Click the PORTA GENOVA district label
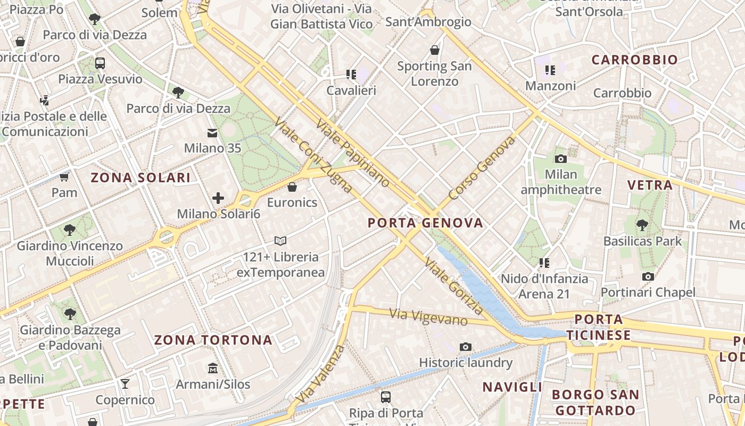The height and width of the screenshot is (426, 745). [426, 223]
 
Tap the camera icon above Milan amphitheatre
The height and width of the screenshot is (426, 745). [560, 159]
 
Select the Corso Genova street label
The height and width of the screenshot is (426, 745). [482, 168]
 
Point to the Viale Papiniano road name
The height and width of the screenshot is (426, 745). [353, 153]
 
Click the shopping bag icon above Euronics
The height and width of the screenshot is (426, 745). [292, 187]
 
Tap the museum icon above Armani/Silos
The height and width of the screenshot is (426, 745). [213, 368]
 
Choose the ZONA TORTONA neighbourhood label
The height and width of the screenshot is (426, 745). [213, 340]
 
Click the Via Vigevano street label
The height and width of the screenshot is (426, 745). [428, 317]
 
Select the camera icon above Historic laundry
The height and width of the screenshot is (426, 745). [465, 347]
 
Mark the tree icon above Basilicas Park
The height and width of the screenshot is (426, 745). [642, 225]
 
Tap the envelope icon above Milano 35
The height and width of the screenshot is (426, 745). [212, 133]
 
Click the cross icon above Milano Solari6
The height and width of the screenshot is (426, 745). [218, 198]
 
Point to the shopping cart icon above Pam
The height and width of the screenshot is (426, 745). [64, 176]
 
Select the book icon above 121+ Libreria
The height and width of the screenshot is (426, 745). [280, 241]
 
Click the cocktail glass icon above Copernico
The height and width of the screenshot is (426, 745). [125, 384]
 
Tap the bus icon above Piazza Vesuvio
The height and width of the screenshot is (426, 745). [100, 63]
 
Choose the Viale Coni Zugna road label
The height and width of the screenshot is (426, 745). [313, 154]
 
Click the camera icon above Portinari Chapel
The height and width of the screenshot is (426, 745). [648, 276]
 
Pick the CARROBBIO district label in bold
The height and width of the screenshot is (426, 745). [634, 60]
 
